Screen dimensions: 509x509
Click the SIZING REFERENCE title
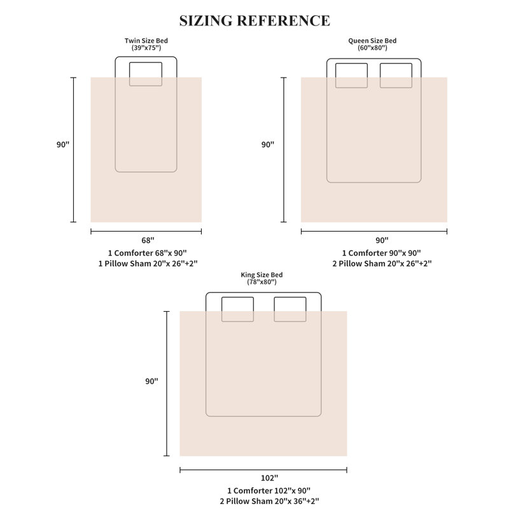point(255,21)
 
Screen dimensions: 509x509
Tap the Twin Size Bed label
point(146,41)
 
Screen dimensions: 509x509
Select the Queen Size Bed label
point(372,41)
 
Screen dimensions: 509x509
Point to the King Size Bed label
point(261,275)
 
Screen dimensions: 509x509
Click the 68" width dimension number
point(148,241)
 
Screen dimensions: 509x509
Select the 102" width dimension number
point(269,478)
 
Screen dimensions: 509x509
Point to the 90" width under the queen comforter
point(382,241)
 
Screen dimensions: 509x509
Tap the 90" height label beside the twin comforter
point(63,144)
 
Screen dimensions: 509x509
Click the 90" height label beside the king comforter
point(151,381)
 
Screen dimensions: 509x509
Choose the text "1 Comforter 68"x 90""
point(148,253)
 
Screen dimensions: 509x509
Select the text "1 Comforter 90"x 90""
point(381,253)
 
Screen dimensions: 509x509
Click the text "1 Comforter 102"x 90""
point(268,491)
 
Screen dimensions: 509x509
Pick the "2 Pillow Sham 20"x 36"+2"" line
point(269,501)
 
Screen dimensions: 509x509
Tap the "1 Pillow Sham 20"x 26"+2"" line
point(148,263)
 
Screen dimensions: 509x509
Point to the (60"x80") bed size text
point(372,48)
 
